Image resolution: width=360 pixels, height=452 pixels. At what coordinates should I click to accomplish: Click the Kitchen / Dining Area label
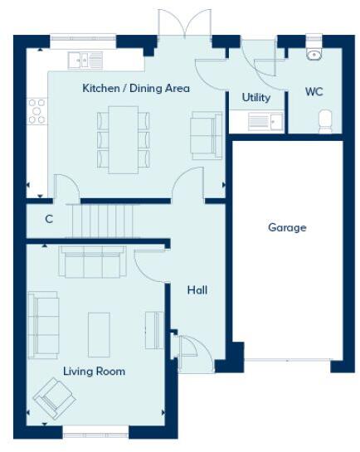tap(135, 88)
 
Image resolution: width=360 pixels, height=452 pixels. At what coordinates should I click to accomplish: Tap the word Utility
tap(256, 97)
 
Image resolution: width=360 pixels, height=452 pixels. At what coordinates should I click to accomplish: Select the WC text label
tap(314, 91)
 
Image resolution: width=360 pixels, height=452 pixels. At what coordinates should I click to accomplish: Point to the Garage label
tap(286, 226)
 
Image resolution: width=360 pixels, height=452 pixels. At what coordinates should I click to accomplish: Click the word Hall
tap(197, 290)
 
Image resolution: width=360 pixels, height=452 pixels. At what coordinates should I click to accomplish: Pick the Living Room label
tap(95, 371)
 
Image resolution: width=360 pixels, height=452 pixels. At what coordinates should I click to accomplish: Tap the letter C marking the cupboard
tap(49, 220)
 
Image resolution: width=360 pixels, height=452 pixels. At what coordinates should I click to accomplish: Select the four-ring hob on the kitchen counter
tap(37, 109)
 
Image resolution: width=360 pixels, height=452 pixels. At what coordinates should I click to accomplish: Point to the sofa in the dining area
tap(206, 135)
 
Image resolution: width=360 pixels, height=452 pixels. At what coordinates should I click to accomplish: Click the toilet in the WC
tap(325, 121)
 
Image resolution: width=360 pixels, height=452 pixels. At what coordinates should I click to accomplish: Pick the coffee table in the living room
tap(100, 330)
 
